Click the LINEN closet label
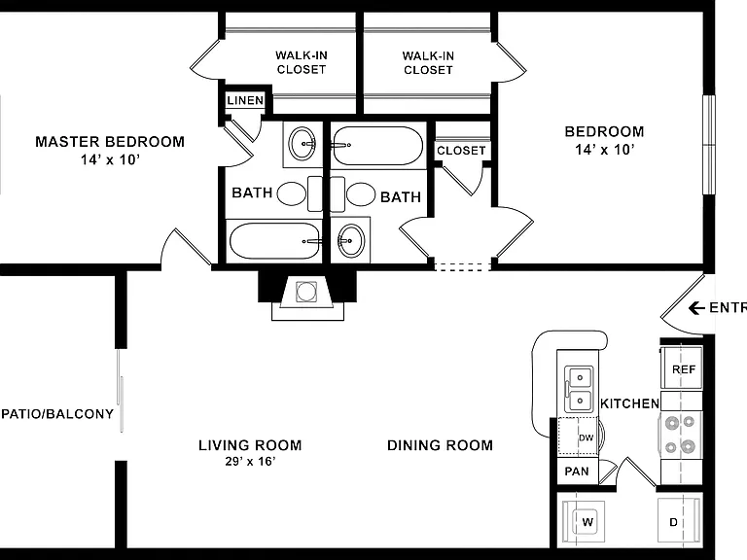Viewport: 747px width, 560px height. pos(245,100)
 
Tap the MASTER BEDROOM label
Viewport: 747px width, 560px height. pos(110,141)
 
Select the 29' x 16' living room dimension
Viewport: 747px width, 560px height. pos(251,461)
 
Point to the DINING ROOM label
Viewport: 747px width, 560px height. pos(440,445)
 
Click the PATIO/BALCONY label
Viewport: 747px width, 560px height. pos(57,414)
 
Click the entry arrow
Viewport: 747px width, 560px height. pos(696,308)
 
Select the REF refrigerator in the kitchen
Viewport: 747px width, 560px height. pos(681,367)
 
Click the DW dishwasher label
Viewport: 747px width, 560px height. pos(586,437)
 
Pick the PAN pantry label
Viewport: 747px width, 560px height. pos(577,472)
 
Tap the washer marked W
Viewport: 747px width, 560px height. pos(584,522)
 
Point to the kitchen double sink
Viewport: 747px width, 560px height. pos(579,389)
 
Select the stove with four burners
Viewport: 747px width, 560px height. pos(681,436)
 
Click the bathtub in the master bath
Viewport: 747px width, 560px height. pos(275,240)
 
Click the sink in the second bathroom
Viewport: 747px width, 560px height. pos(351,240)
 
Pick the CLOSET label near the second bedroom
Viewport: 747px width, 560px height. pos(461,151)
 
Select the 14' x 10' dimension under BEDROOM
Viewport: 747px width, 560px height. pos(604,150)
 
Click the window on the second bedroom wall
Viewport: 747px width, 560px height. pos(709,145)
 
